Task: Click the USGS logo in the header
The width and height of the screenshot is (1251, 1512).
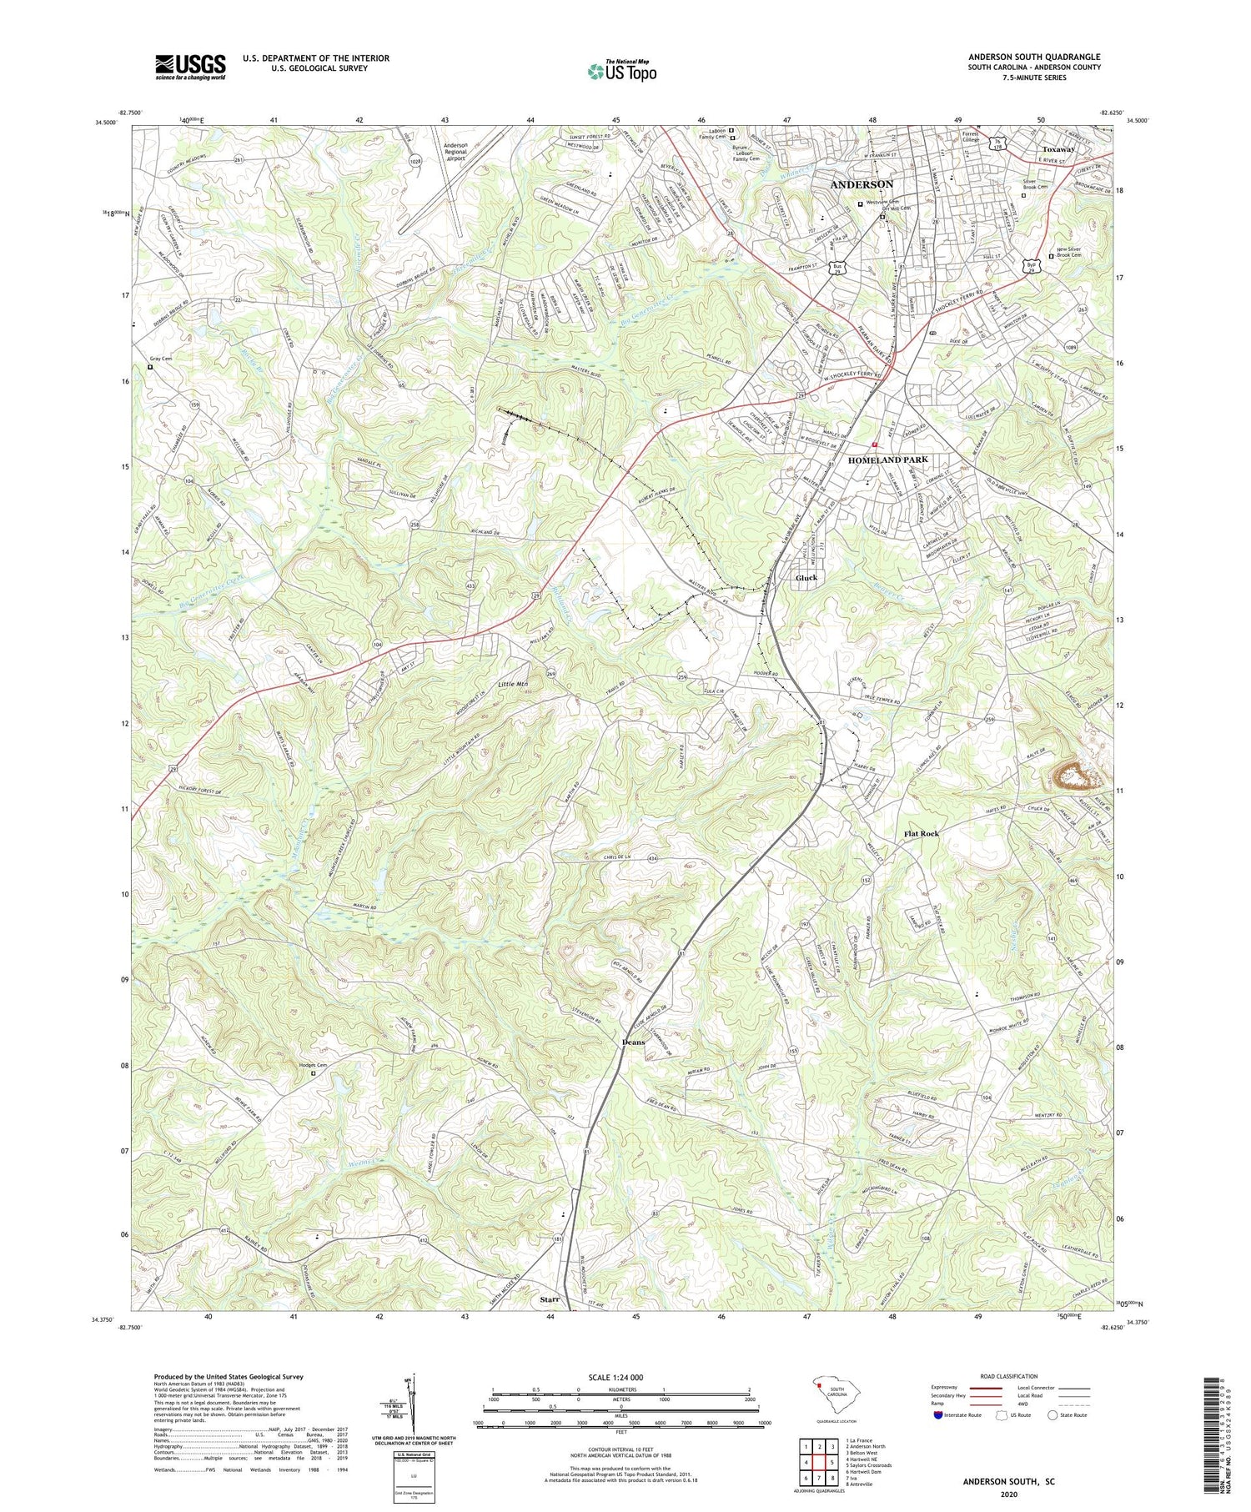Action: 190,68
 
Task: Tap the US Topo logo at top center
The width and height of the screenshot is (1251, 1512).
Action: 621,72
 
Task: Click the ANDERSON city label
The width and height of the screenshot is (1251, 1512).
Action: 862,184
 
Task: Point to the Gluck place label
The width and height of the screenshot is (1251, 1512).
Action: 806,578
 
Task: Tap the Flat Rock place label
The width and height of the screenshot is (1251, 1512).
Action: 922,834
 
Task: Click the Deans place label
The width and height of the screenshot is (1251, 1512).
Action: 634,1042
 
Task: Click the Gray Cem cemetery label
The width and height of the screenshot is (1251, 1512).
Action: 161,359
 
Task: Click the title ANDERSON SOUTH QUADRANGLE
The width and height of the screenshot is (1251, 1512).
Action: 1034,58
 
